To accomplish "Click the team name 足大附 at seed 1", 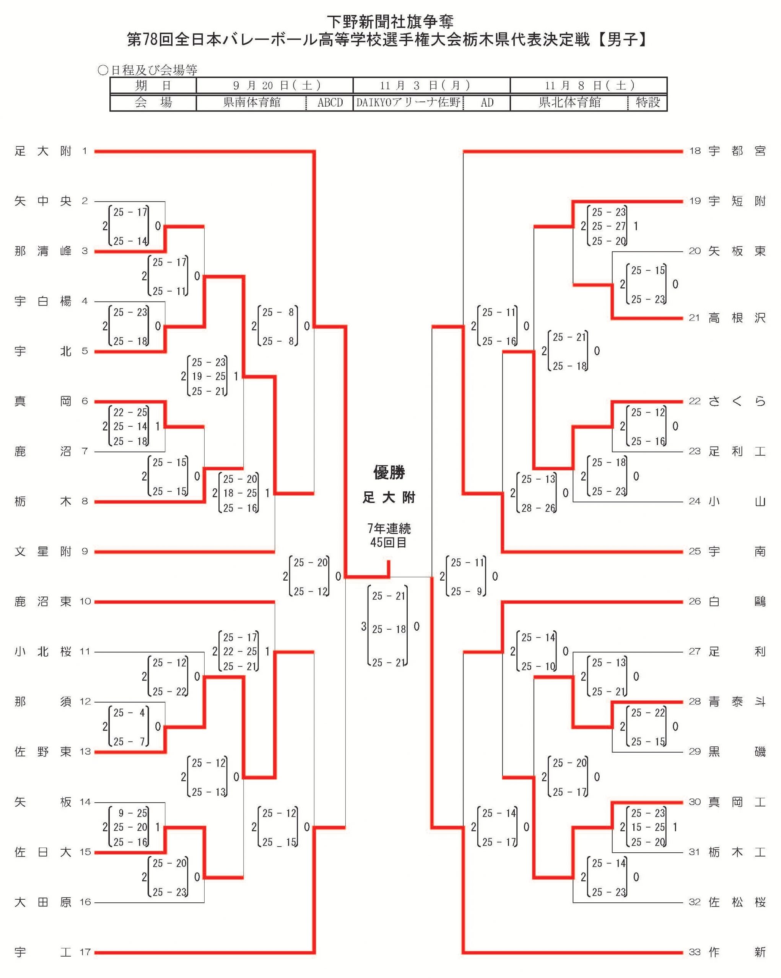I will click(x=43, y=151).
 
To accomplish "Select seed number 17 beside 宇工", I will click(x=85, y=952).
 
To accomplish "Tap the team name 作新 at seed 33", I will click(x=737, y=952).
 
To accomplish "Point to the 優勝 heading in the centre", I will click(x=389, y=473).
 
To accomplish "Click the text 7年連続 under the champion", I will click(x=389, y=528).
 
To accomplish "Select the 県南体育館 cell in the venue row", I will click(x=252, y=102).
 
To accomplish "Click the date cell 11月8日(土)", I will click(x=589, y=86).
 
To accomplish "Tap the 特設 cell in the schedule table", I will click(x=648, y=102).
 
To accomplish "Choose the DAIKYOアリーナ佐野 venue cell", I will click(x=408, y=102).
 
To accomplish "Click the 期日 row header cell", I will click(x=153, y=86).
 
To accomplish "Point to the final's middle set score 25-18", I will click(x=389, y=629).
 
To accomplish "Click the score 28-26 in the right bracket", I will click(x=538, y=508).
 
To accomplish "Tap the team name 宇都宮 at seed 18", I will click(x=737, y=151).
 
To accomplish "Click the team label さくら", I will click(x=737, y=401).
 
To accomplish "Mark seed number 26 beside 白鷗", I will click(x=695, y=601).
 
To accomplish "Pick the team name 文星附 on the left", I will click(x=43, y=552).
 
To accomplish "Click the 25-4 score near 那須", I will click(x=130, y=712).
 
